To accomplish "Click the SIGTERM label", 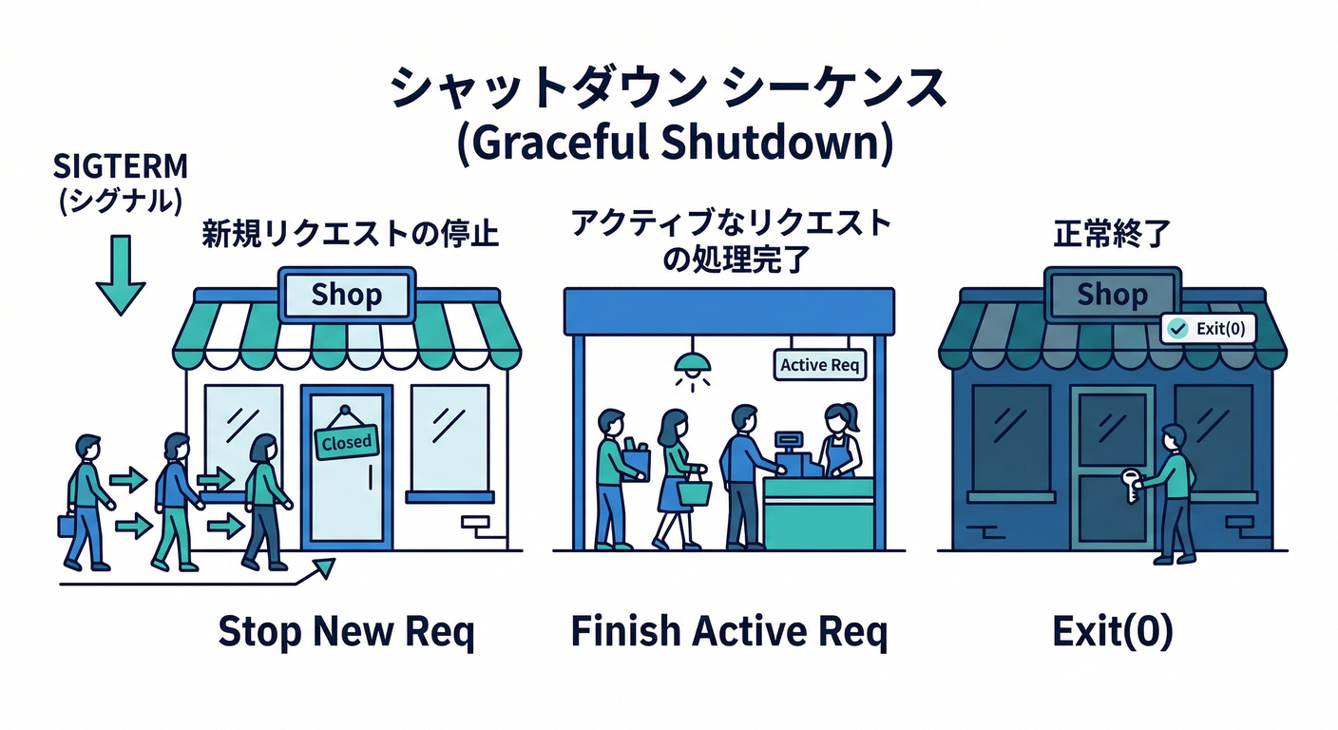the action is (x=121, y=166).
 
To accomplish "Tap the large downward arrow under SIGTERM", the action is (x=121, y=275).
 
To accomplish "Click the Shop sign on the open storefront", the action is (x=347, y=295).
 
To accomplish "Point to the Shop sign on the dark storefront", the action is (x=1112, y=295).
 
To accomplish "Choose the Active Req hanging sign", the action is (x=819, y=365).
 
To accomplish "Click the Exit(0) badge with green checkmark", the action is (x=1208, y=329).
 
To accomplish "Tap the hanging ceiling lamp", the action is (x=693, y=364).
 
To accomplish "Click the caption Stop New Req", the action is (x=347, y=632).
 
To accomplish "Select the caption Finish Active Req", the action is (x=729, y=632).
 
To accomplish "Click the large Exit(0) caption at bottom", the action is (x=1112, y=632).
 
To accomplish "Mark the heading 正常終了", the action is (x=1112, y=234).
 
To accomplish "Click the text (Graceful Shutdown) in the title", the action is (x=675, y=144).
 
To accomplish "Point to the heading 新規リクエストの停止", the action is (x=350, y=234).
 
